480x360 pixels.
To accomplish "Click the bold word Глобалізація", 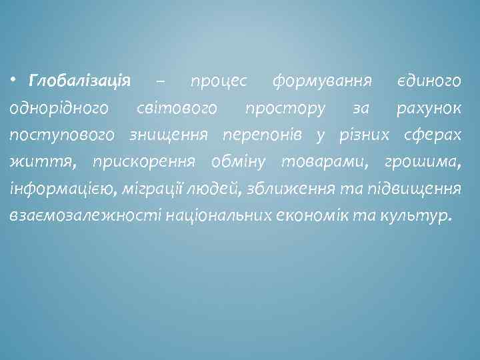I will point(79,81).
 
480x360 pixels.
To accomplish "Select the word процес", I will point(218,81).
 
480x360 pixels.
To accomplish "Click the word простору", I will point(285,108).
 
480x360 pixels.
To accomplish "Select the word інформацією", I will point(65,189).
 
